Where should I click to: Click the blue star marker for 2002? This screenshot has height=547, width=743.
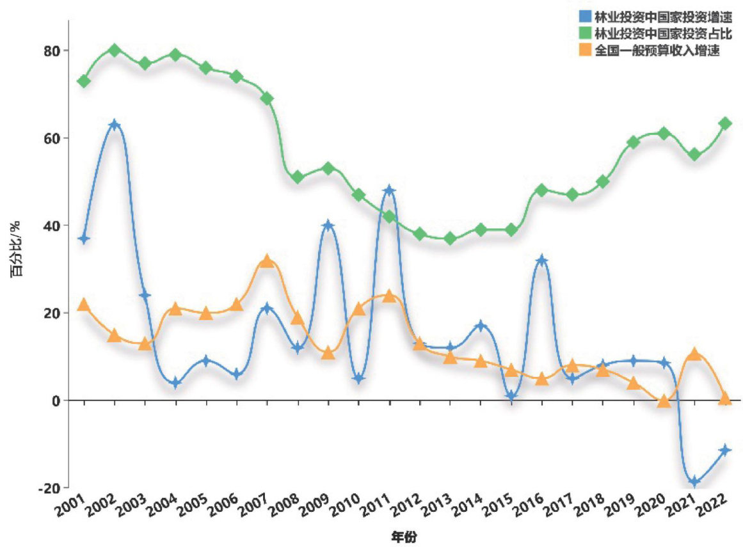pos(115,124)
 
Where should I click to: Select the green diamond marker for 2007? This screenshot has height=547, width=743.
pos(268,99)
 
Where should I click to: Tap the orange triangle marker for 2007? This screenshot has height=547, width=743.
pos(268,260)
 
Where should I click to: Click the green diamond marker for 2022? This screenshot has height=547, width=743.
pos(725,123)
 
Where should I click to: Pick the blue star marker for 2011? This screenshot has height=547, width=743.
pos(389,190)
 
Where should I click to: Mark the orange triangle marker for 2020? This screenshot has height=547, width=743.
pos(664,401)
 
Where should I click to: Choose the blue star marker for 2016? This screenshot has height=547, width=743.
pos(542,260)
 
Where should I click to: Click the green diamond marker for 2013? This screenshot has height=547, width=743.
pos(450,239)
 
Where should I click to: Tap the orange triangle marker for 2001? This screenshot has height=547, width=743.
pos(84,305)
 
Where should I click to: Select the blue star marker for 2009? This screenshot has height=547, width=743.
pos(328,225)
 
